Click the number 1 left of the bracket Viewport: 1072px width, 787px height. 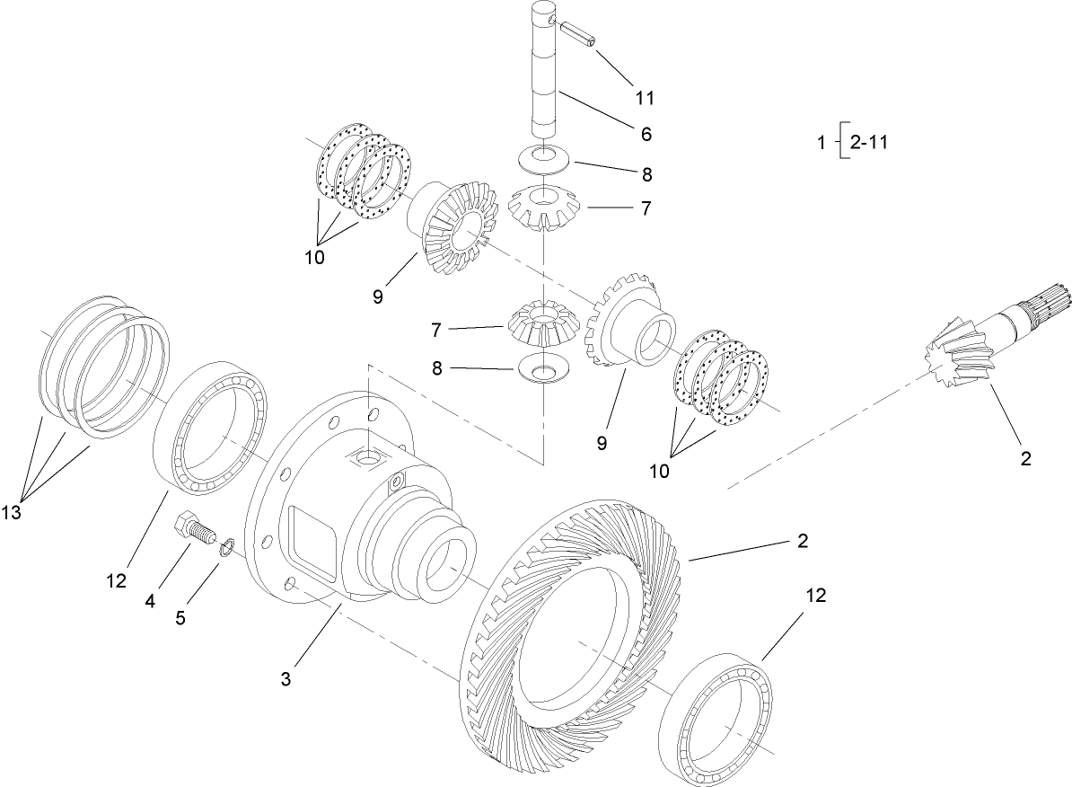(x=821, y=141)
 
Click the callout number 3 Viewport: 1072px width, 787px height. (x=286, y=680)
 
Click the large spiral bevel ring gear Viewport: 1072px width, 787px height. (x=575, y=629)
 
